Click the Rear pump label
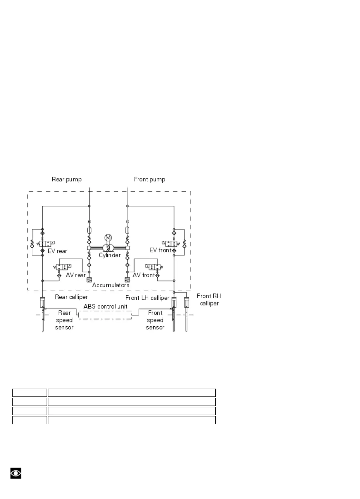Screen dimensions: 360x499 [67, 179]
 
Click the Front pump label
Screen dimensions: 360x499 [149, 179]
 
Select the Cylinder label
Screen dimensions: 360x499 [110, 255]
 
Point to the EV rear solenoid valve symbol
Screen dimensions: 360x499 [47, 243]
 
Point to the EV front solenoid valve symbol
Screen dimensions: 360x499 [169, 243]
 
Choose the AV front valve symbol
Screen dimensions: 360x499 [153, 267]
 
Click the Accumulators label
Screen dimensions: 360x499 [111, 285]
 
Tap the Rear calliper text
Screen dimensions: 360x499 [71, 297]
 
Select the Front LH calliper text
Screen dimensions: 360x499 [147, 298]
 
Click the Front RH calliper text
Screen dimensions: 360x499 [209, 299]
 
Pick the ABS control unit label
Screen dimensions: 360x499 [106, 306]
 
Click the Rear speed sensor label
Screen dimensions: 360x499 [64, 320]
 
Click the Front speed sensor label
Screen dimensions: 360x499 [155, 320]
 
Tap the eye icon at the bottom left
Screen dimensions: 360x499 [16, 473]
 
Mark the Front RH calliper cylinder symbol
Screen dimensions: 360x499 [186, 302]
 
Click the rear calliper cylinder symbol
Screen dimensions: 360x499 [43, 302]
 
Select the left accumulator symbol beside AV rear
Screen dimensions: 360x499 [89, 280]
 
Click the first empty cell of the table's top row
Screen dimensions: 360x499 [30, 393]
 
